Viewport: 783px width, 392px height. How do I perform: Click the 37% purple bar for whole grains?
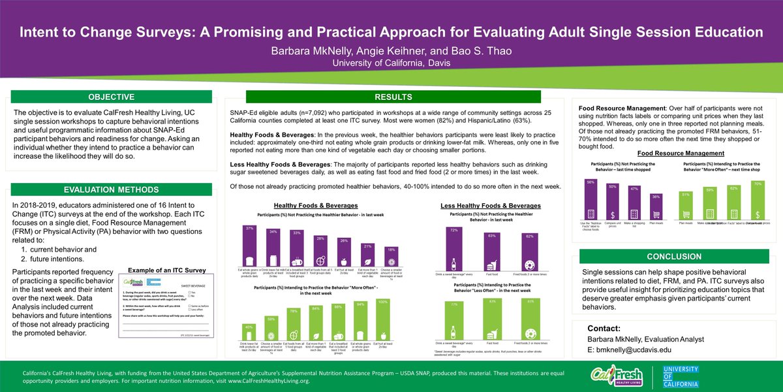[249, 248]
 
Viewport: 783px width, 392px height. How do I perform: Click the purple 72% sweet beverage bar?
[454, 251]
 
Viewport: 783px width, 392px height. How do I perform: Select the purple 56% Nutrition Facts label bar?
[591, 203]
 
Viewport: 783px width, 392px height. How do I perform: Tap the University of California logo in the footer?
[678, 376]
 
